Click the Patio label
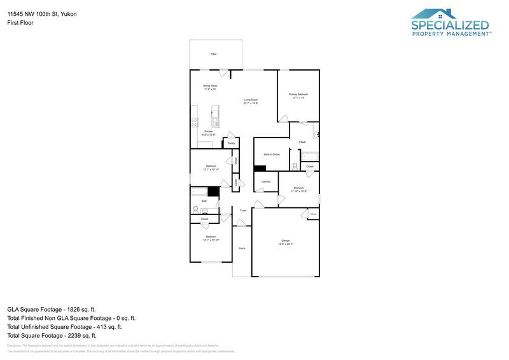click(x=214, y=54)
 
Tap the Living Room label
click(x=251, y=100)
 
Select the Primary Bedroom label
click(x=298, y=95)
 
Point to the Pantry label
click(x=231, y=143)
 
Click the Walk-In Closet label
click(x=272, y=155)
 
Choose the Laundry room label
click(x=266, y=181)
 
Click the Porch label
click(x=242, y=248)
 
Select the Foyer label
click(x=243, y=209)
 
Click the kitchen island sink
click(x=216, y=121)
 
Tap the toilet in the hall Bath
click(x=195, y=209)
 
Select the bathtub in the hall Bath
click(x=200, y=191)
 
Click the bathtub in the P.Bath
click(x=309, y=156)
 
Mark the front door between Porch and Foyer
click(x=241, y=223)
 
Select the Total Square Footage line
click(x=52, y=335)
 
